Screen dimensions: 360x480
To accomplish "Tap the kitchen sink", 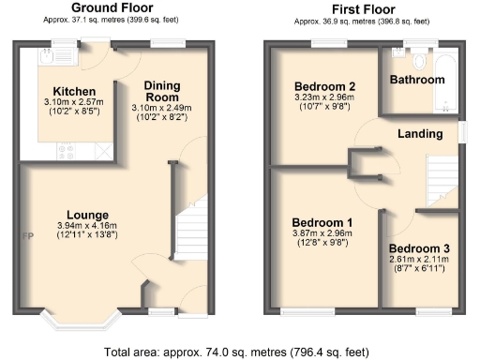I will point(47,57).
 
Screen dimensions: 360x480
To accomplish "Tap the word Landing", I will point(420,134).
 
